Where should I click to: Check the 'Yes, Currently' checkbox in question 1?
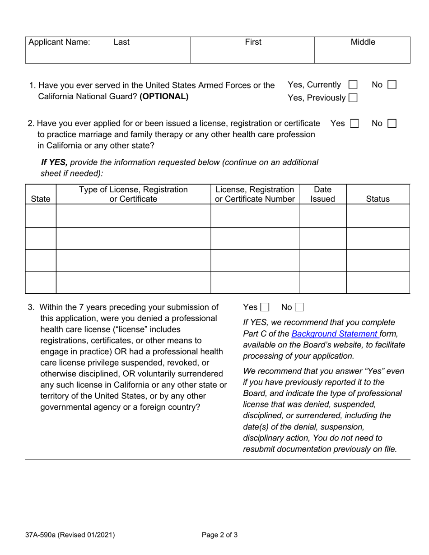point(353,85)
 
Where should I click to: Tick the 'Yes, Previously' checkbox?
point(353,97)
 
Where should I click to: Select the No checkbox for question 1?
point(392,85)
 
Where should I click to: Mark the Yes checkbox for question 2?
point(354,124)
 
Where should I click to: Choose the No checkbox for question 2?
point(392,124)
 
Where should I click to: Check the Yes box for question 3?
point(265,308)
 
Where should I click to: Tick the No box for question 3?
point(299,308)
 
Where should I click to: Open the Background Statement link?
point(335,334)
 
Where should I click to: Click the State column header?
point(41,199)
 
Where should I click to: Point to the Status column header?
point(378,199)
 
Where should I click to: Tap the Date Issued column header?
point(322,194)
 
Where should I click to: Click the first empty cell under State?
point(41,216)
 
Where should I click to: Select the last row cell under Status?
point(378,282)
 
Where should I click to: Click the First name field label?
point(253,42)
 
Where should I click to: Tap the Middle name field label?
point(363,42)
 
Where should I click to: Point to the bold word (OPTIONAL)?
point(164,97)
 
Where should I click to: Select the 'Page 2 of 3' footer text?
point(219,535)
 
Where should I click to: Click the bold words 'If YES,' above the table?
point(54,162)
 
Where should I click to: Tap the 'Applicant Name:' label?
point(59,42)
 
